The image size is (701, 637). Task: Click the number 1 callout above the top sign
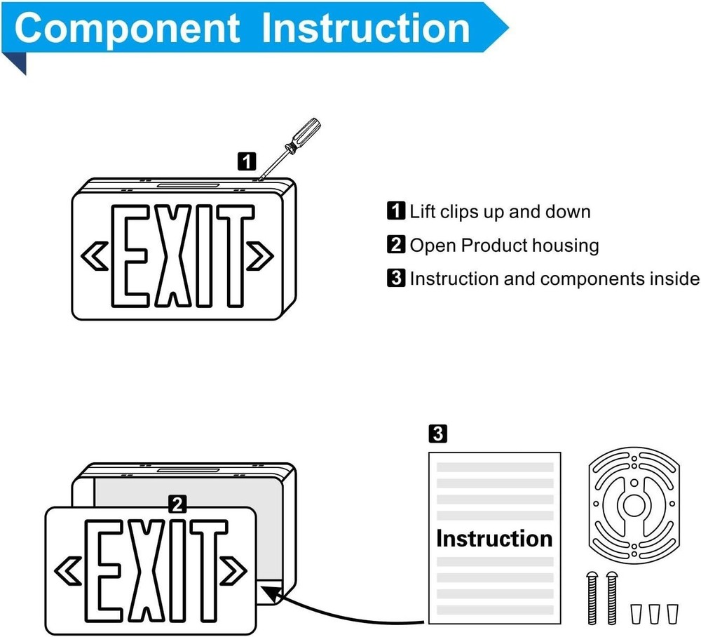point(246,161)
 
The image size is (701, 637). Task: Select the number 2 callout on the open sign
point(178,502)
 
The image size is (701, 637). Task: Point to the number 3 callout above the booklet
point(437,434)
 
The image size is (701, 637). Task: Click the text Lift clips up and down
point(500,211)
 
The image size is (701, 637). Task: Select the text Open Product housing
point(504,245)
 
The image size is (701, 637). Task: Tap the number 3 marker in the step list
point(396,279)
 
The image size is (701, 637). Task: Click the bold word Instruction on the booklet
point(494,539)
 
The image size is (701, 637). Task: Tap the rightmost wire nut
point(674,612)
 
